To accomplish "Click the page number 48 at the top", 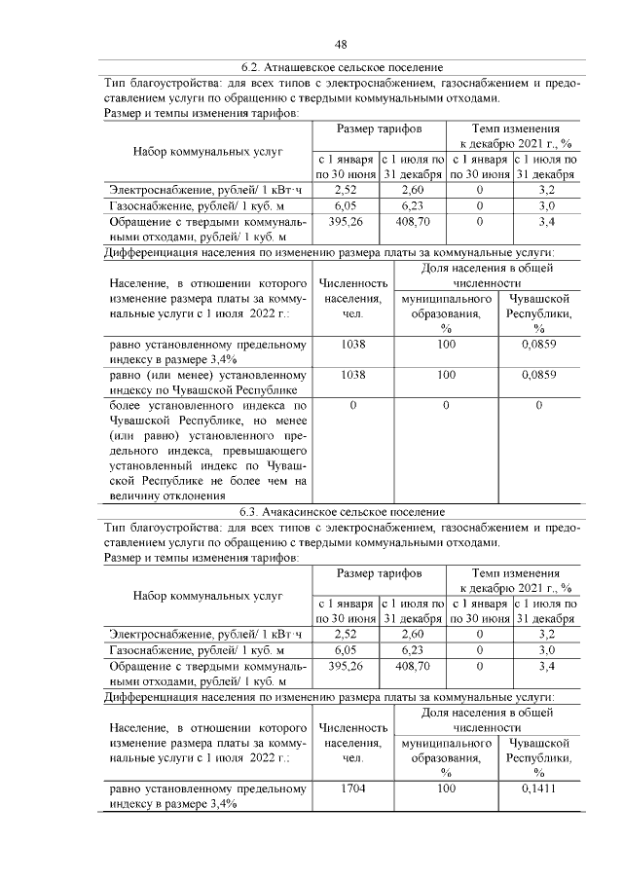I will (x=342, y=44).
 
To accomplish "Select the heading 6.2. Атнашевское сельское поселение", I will (x=342, y=67).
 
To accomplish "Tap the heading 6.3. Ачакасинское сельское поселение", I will (x=342, y=510).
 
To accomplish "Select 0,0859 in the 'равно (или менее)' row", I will (x=538, y=375).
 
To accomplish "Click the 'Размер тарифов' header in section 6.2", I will (x=379, y=128).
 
